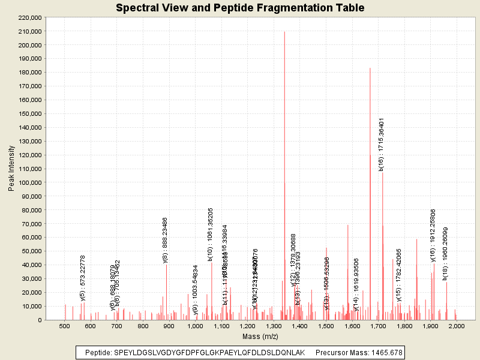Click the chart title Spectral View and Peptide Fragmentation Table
coord(240,8)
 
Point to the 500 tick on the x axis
coord(64,326)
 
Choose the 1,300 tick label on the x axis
coord(273,326)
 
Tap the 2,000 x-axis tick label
coord(456,326)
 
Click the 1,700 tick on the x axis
coord(377,326)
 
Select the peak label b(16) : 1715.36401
coord(382,145)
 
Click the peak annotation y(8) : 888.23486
coord(165,239)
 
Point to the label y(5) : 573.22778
coord(83,278)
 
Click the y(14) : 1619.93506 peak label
coord(356,284)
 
